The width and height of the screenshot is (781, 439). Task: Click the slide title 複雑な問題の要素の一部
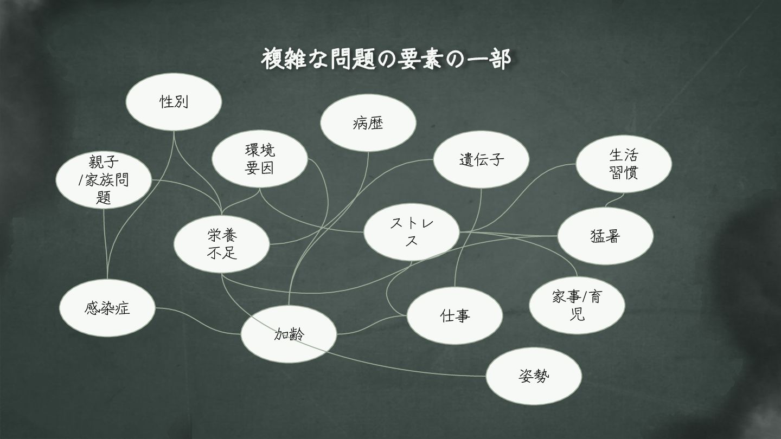click(x=386, y=60)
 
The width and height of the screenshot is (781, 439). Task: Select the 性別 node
click(x=174, y=101)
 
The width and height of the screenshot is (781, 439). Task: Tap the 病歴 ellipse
click(x=368, y=124)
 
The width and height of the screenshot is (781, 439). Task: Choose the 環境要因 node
click(x=259, y=159)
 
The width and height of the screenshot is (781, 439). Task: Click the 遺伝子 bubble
click(x=481, y=160)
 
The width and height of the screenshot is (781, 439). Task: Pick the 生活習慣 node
click(x=623, y=164)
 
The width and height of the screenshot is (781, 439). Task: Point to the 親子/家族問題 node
click(x=104, y=179)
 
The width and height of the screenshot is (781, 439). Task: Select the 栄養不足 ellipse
click(x=221, y=244)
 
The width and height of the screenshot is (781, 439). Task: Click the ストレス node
click(x=411, y=232)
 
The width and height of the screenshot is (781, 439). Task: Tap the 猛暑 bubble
click(x=605, y=236)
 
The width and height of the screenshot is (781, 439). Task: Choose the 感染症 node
click(x=107, y=308)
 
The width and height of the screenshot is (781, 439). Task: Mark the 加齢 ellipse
click(x=289, y=334)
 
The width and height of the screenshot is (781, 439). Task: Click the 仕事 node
click(x=454, y=315)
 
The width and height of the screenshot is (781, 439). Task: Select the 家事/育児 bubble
click(x=577, y=305)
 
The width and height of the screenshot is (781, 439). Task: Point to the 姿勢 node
click(x=534, y=376)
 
